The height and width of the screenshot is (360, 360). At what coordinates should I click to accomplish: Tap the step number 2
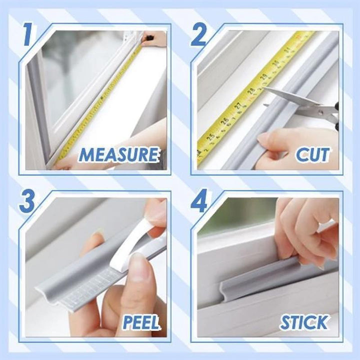pos(199,35)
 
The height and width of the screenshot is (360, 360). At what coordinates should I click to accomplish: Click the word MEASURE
pos(119,154)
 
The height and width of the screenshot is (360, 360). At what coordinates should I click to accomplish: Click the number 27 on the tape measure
pos(238,106)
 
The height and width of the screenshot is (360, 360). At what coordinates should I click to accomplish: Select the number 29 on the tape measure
pos(263,77)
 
